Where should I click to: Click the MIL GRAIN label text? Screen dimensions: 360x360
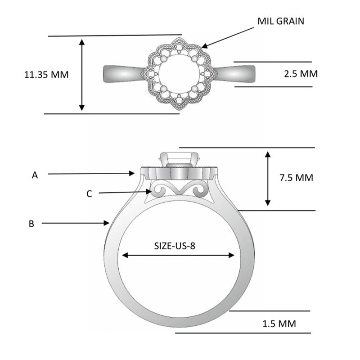[x=281, y=21]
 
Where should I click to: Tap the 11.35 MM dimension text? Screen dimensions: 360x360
[x=46, y=75]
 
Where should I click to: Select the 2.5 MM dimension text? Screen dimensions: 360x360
[x=301, y=74]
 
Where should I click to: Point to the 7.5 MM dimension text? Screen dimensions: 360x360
[x=296, y=178]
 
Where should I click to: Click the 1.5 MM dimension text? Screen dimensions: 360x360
[x=279, y=324]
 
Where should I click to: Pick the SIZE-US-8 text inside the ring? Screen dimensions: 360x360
[x=178, y=246]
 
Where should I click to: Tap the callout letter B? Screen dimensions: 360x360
[x=31, y=224]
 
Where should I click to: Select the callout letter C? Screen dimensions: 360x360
[x=89, y=194]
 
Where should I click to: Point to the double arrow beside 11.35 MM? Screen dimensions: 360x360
[x=81, y=75]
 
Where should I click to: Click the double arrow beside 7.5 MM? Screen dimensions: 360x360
[x=268, y=179]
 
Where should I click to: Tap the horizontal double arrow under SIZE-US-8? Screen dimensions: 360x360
[x=178, y=255]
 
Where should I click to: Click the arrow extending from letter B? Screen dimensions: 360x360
[x=76, y=222]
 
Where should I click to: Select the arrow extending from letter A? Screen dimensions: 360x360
[x=90, y=173]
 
